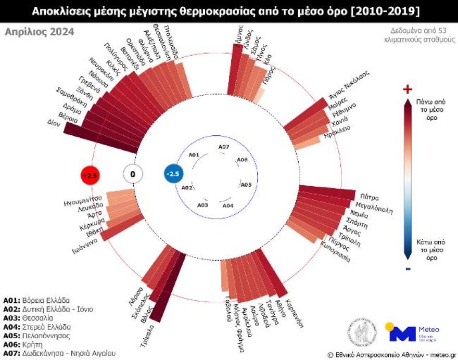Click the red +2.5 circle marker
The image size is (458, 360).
(90, 175)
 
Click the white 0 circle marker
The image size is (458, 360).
(133, 174)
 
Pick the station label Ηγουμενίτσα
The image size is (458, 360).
(82, 199)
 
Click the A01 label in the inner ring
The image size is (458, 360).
(194, 155)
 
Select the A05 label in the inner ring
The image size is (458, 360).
(246, 185)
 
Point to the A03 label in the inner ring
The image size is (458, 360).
(203, 205)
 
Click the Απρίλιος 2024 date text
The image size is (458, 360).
(39, 32)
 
